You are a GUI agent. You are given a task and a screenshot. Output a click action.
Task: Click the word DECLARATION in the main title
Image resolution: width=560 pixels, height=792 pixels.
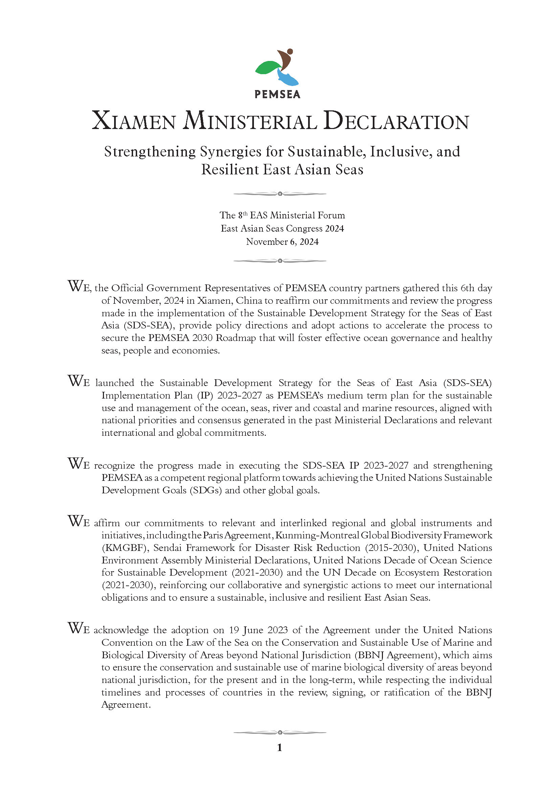(396, 122)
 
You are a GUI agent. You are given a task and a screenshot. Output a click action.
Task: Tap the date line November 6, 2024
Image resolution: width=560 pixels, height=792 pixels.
(282, 242)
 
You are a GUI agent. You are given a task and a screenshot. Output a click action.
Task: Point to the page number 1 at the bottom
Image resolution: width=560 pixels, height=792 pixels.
(280, 748)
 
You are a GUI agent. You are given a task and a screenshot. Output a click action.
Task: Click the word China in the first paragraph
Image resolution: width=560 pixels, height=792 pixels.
(249, 300)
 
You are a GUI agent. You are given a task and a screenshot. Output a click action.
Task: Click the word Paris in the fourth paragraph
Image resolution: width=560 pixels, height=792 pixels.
(212, 535)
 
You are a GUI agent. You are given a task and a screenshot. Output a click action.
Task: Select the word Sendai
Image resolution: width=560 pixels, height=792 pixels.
(167, 548)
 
